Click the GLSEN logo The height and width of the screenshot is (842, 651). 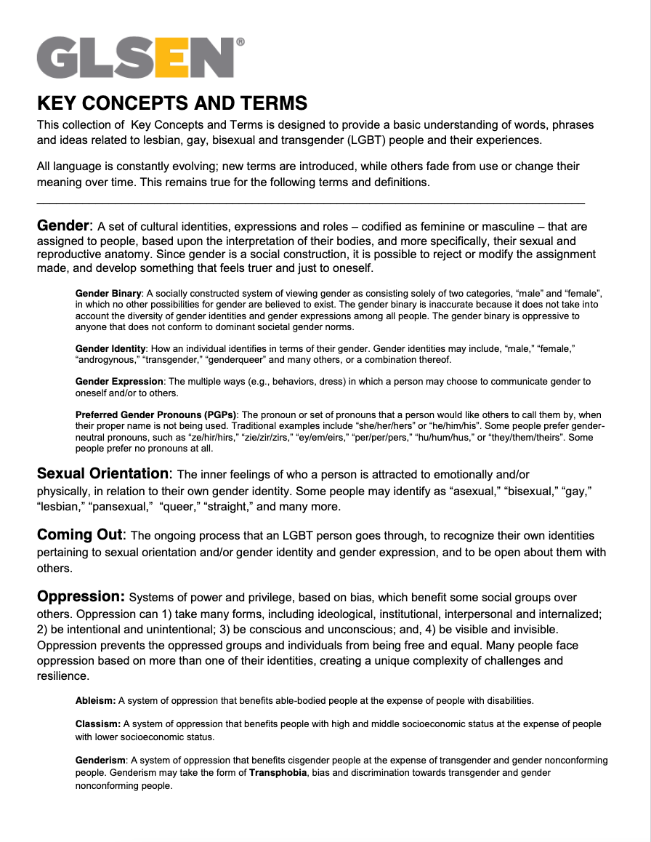(x=136, y=57)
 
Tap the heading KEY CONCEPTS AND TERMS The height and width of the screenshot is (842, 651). (x=172, y=103)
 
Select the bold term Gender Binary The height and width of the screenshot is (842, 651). (x=108, y=293)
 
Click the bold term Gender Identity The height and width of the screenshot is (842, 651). (x=110, y=350)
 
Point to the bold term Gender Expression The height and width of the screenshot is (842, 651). (x=119, y=382)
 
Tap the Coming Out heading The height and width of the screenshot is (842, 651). (x=80, y=535)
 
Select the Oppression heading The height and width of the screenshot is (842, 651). (x=81, y=597)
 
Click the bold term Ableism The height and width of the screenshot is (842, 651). (x=95, y=701)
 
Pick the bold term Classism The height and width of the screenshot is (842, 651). (x=97, y=724)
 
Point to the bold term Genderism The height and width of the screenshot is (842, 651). (x=101, y=761)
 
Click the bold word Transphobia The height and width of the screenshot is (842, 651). (x=280, y=773)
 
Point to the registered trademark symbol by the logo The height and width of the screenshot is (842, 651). (x=240, y=43)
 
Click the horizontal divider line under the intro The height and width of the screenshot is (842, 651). (x=310, y=202)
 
